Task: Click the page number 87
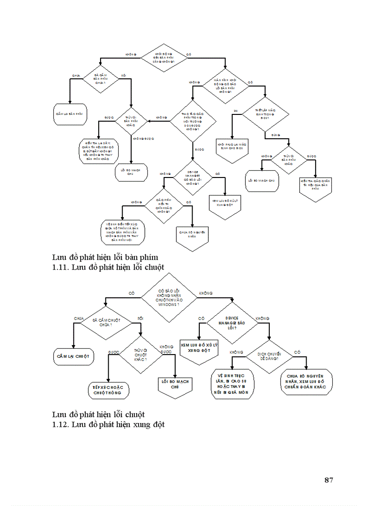tap(328, 480)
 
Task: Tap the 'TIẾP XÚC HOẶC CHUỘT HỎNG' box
tap(108, 390)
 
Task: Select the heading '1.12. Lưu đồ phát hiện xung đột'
tap(108, 424)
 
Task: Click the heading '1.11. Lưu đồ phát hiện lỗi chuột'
tap(108, 267)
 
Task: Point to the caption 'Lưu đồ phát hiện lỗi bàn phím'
tap(105, 257)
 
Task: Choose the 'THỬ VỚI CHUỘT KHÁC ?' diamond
tap(141, 353)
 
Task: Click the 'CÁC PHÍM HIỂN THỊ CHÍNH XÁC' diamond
tap(164, 205)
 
